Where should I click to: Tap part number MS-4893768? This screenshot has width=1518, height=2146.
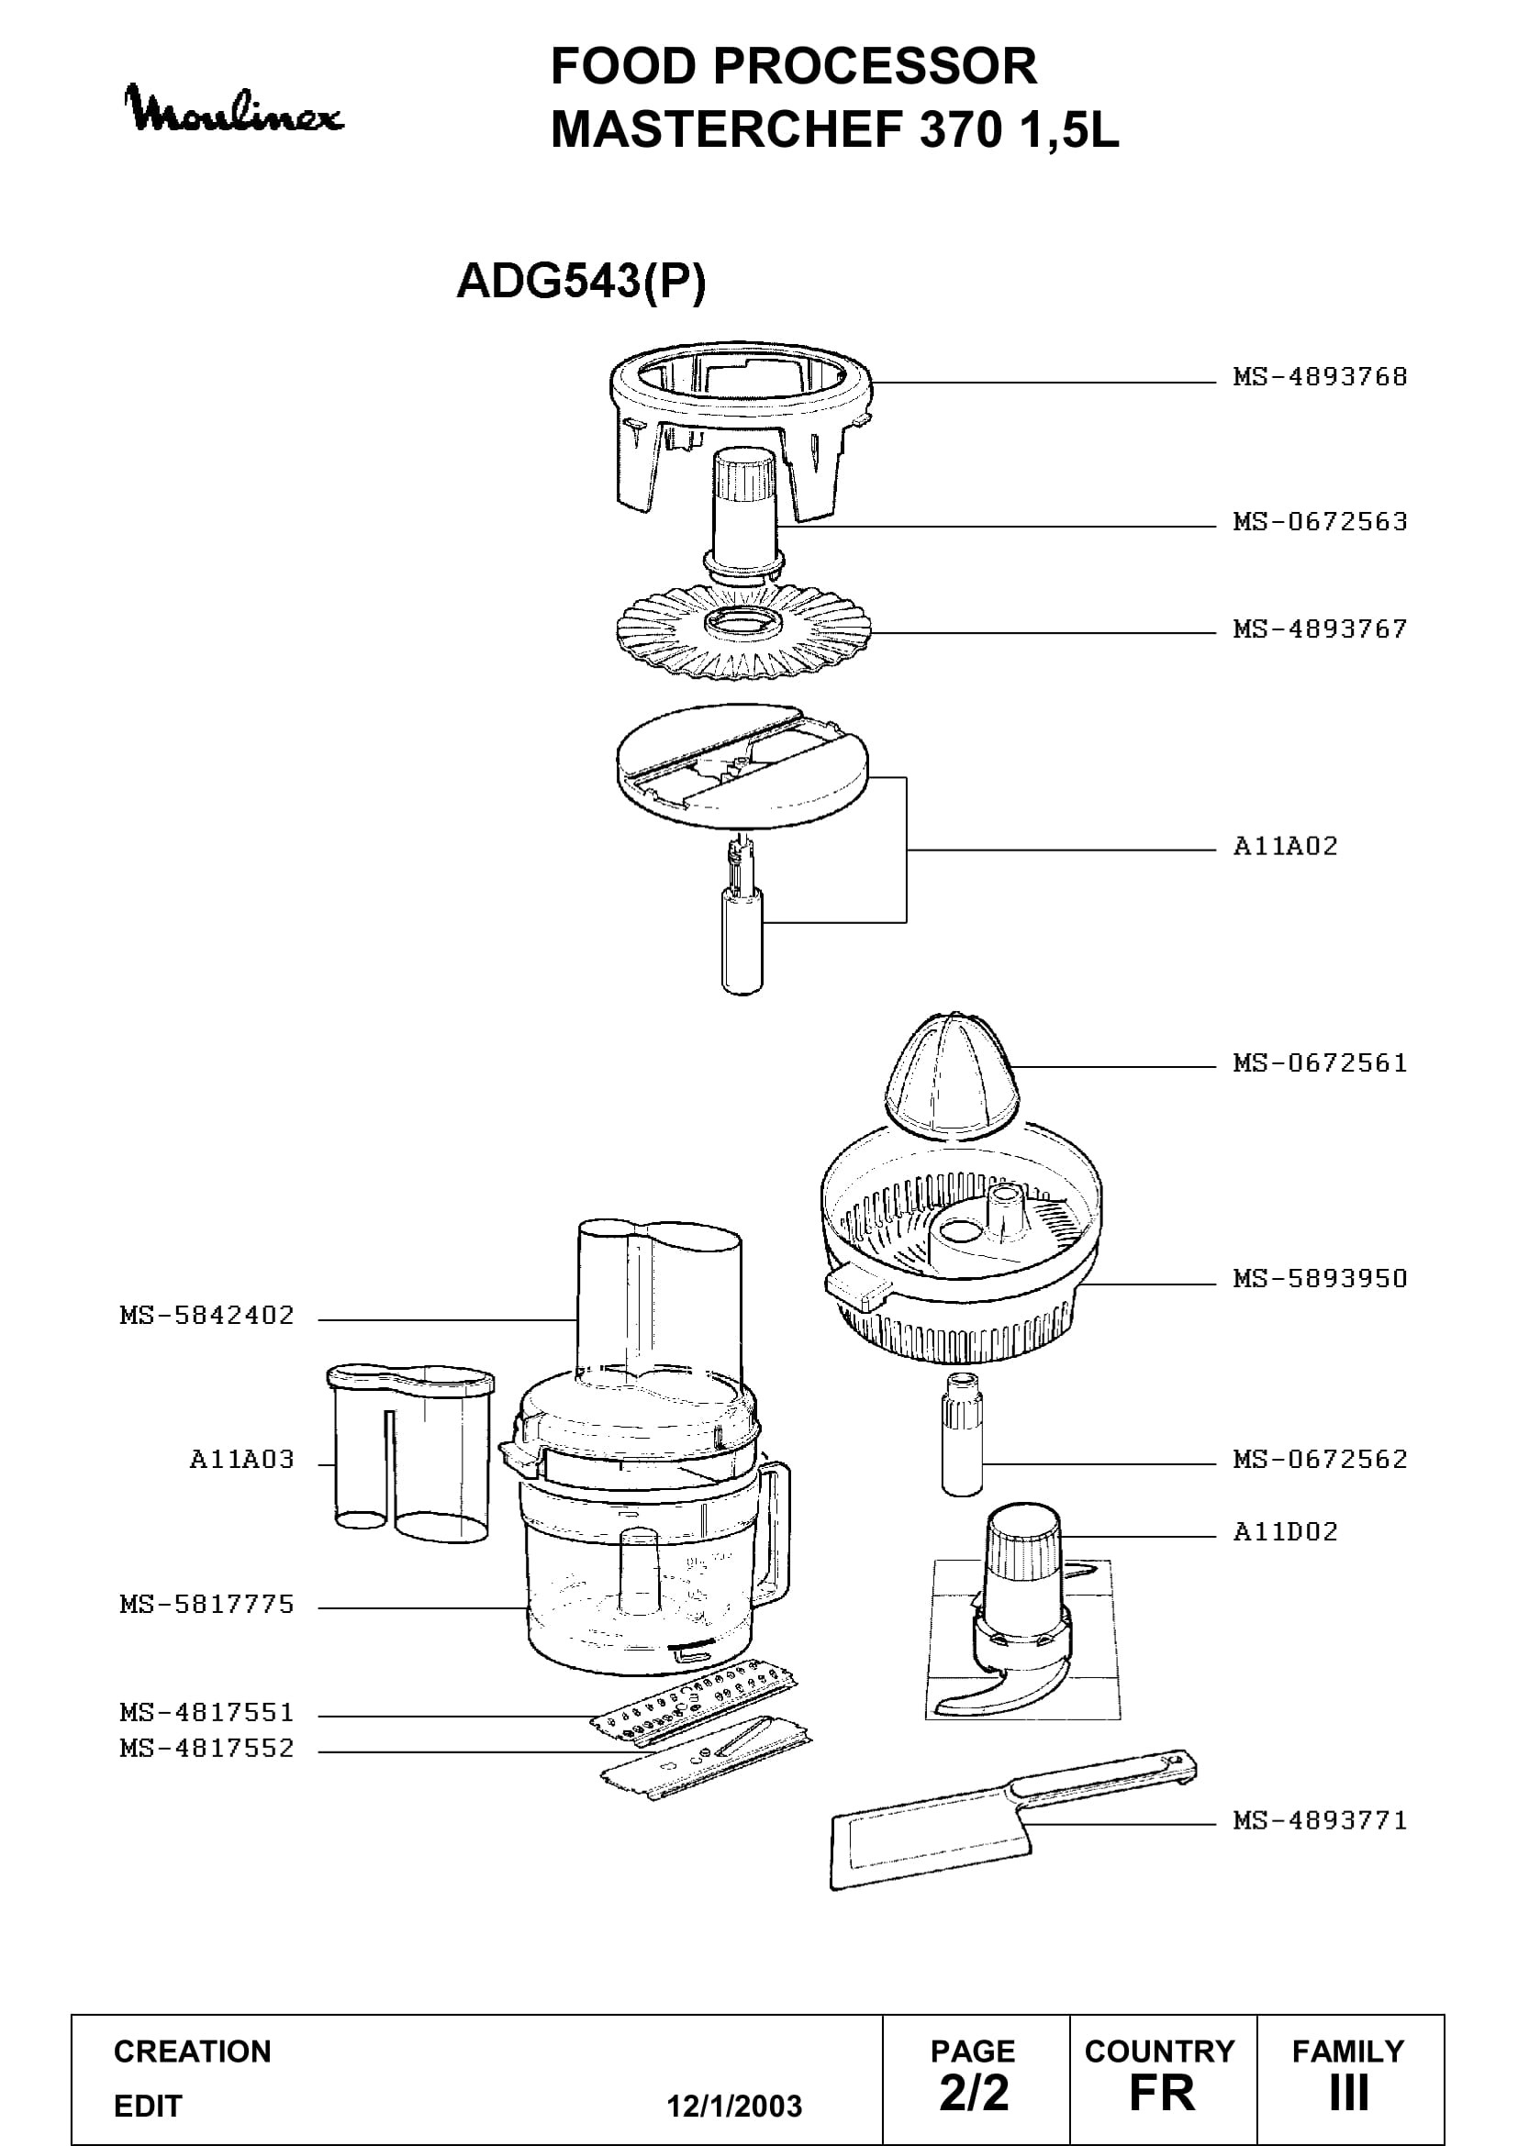coord(1320,377)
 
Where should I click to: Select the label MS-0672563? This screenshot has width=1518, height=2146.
coord(1320,521)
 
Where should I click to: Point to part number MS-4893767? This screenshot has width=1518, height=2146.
coord(1320,629)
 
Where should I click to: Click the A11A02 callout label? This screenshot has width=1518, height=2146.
coord(1285,846)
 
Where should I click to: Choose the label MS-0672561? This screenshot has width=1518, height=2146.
coord(1320,1062)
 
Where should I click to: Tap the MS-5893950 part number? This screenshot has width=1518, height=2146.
coord(1320,1278)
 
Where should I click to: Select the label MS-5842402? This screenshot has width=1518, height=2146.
coord(206,1315)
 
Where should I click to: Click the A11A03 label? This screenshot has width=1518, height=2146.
coord(241,1459)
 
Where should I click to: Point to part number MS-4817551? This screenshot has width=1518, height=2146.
coord(206,1712)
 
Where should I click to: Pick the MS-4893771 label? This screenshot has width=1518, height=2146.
coord(1320,1819)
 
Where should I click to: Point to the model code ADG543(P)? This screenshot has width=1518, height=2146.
coord(581,281)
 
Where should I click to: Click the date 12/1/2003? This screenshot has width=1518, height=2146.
coord(734,2106)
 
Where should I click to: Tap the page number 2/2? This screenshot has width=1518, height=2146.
coord(974,2093)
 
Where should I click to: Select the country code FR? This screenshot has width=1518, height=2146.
coord(1162,2093)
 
